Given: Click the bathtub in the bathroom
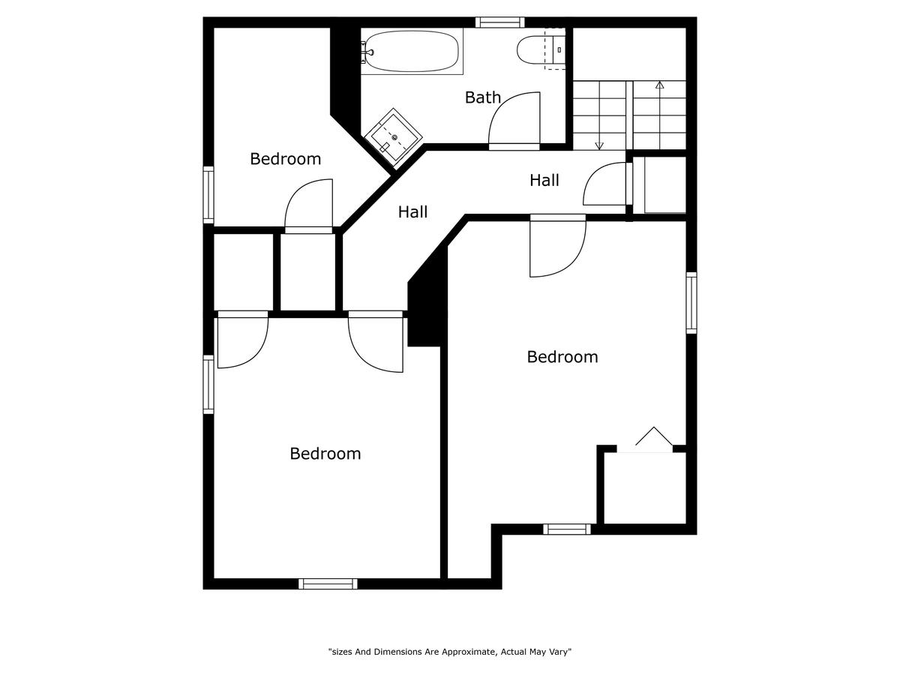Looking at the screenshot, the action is (411, 51).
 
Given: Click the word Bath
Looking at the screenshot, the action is (482, 97).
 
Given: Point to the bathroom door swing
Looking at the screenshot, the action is (514, 118).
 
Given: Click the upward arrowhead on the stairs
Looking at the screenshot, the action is (659, 85).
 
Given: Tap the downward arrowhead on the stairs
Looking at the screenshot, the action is (599, 145).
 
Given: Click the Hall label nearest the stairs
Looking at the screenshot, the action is (544, 180).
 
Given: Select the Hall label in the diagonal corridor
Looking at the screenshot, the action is (412, 212).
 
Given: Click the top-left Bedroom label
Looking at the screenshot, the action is (286, 159).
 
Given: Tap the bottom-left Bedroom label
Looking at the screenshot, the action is (325, 454).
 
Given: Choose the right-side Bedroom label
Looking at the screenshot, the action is (562, 357).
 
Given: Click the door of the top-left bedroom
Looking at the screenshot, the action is (308, 206).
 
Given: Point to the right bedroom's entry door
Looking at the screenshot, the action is (558, 246).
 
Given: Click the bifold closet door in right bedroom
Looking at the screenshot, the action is (653, 439).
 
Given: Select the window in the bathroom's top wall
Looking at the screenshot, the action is (499, 22).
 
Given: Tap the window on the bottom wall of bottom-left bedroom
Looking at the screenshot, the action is (328, 584).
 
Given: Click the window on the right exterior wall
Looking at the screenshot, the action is (691, 303).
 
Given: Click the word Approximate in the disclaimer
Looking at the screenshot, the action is (469, 652).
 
